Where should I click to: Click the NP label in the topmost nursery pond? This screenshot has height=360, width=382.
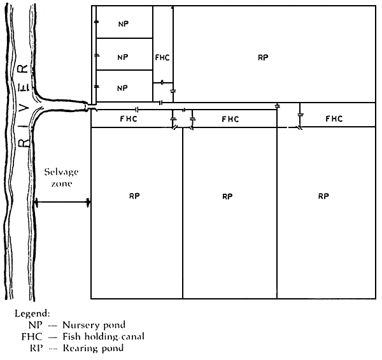coord(124,24)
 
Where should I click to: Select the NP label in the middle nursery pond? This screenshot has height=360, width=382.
coord(124,57)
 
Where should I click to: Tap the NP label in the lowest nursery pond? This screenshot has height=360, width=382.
coord(124,87)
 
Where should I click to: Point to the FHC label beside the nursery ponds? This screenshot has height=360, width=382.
coord(162,57)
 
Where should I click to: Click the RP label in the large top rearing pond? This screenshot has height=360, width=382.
coord(263,57)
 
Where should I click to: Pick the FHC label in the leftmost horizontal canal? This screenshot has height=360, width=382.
coord(128,119)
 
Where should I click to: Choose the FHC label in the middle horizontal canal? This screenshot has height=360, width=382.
coord(230,119)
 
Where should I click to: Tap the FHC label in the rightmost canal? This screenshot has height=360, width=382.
coord(334,119)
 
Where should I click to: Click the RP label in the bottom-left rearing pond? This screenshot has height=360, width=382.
coord(134,196)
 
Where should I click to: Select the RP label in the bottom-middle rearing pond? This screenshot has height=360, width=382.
coord(227,197)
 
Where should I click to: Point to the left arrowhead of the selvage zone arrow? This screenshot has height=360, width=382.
coord(37,203)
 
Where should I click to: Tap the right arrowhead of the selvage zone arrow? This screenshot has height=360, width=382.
coord(87,203)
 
